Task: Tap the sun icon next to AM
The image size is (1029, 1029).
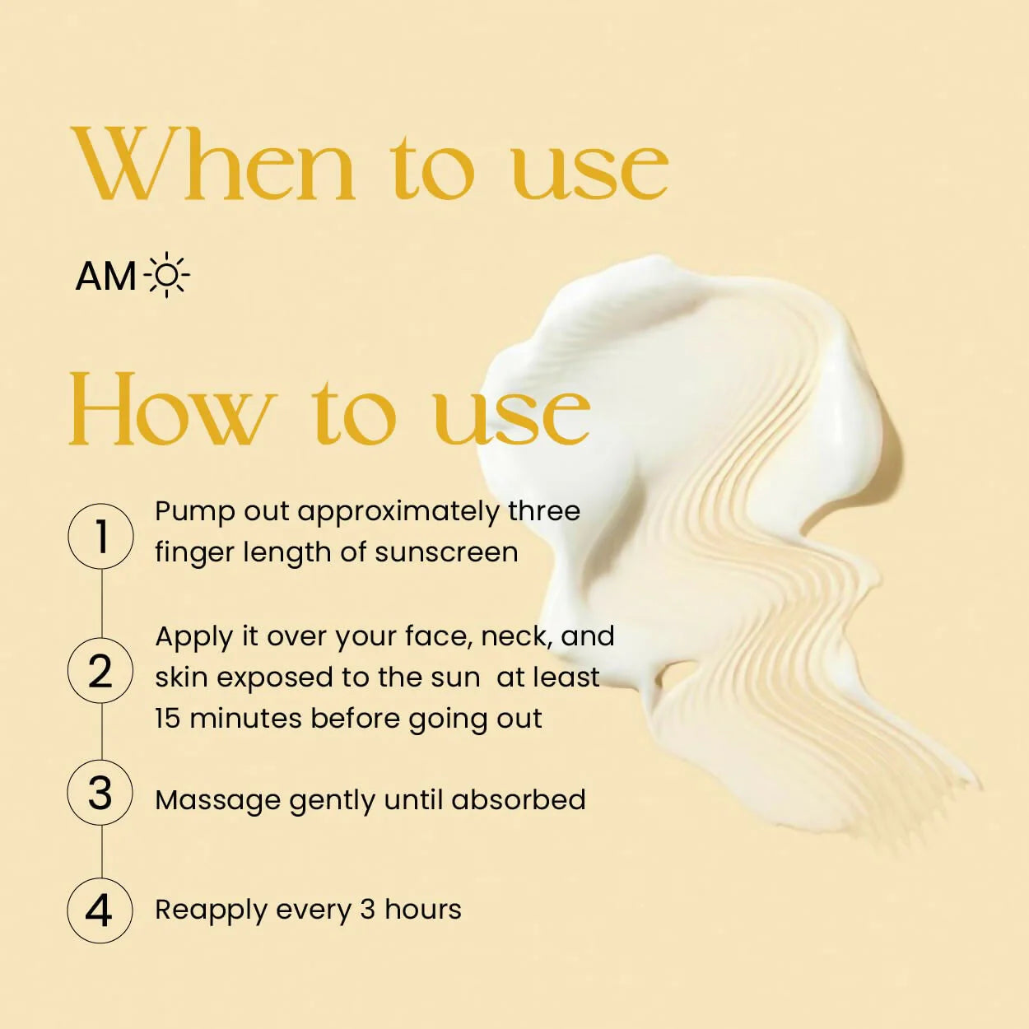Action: [166, 275]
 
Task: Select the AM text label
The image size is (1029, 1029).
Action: [105, 277]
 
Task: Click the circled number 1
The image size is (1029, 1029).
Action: [100, 536]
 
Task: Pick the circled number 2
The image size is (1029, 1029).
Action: [100, 670]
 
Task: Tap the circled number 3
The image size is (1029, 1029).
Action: [100, 793]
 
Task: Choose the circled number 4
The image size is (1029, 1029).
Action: [100, 910]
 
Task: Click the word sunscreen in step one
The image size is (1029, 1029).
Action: [446, 552]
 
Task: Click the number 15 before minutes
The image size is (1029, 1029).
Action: [168, 718]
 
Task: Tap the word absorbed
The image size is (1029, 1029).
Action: [518, 799]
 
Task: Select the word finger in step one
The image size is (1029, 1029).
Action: [194, 553]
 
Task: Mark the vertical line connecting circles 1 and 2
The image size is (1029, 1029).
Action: [101, 603]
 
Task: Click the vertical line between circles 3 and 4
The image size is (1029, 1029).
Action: [101, 852]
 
